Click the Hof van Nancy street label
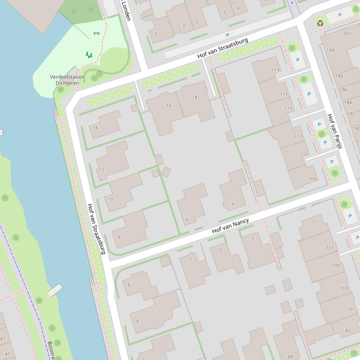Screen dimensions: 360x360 (230, 226)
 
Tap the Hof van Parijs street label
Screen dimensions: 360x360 (334, 131)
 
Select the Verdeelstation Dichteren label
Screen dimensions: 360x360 (67, 80)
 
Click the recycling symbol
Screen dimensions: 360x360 (320, 22)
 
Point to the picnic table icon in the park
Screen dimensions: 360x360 (96, 33)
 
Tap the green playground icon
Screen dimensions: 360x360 (88, 55)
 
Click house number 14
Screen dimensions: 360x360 (95, 128)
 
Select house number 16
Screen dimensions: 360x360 (169, 106)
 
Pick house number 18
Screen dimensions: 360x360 (195, 97)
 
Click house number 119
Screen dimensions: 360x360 (275, 70)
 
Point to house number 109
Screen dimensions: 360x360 (312, 179)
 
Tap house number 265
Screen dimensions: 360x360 (347, 33)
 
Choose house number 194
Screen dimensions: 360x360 (331, 50)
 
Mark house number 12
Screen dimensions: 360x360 (102, 169)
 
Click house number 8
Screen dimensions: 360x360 (118, 238)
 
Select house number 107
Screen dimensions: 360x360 (331, 248)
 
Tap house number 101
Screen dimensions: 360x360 (351, 309)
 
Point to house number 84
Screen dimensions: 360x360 (291, 357)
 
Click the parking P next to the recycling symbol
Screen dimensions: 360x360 (340, 15)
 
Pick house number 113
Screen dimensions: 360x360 (298, 137)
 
